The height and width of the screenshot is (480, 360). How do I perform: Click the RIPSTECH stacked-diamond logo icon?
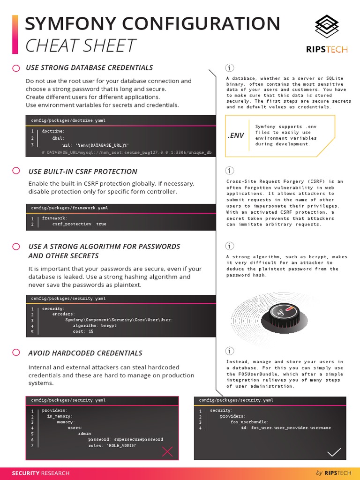(326, 26)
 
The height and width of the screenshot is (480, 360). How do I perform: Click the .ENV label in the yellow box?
(236, 135)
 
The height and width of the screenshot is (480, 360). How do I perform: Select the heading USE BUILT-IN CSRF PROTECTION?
(83, 172)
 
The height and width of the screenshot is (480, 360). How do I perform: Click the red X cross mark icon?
(167, 452)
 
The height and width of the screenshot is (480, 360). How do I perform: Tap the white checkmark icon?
(334, 452)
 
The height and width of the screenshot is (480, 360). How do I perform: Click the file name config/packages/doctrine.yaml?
(68, 120)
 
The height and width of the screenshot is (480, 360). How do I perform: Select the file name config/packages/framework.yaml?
(70, 208)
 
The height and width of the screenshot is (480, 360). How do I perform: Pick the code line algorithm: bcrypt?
(95, 325)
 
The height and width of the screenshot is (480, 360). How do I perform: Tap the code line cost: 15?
(83, 331)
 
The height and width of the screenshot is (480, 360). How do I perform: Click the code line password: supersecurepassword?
(126, 439)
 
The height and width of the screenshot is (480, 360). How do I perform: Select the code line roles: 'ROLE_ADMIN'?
(112, 446)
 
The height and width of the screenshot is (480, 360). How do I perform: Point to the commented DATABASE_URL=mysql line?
(127, 153)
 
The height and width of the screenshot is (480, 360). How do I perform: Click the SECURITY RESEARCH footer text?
(41, 473)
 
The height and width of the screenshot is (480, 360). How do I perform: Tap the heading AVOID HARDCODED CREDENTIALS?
(85, 353)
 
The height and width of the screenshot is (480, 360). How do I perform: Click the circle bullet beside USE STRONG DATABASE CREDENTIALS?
(16, 68)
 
